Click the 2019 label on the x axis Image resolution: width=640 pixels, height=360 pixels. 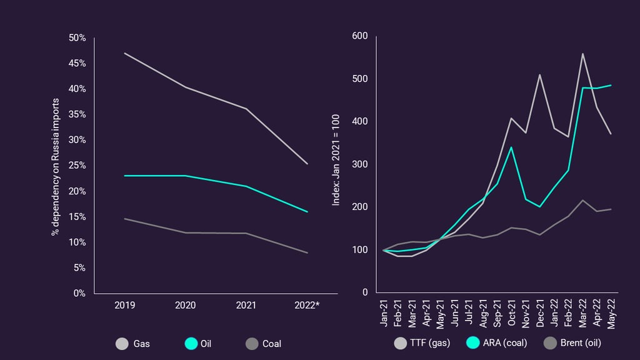[124, 305]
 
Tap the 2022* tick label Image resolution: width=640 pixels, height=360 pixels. [307, 305]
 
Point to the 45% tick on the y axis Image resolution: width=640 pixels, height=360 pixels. [77, 63]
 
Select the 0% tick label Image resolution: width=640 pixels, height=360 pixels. [79, 294]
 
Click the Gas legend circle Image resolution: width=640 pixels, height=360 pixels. [122, 344]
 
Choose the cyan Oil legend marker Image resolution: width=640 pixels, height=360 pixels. [191, 344]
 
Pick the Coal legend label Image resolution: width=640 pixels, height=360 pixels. [272, 344]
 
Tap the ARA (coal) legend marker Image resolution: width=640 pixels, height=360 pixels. [472, 343]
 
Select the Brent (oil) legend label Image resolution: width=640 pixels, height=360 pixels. [581, 343]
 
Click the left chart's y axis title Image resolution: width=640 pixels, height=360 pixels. [56, 167]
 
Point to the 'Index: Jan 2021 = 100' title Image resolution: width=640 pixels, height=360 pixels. [336, 160]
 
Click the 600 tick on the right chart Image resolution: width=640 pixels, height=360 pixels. [360, 36]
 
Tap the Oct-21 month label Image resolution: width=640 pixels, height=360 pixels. [511, 313]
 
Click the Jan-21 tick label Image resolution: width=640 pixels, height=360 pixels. [384, 313]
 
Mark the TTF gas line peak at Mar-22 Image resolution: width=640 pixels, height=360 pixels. [582, 54]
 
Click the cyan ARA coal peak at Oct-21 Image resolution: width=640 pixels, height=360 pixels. [511, 147]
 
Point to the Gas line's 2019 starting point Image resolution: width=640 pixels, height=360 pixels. [125, 53]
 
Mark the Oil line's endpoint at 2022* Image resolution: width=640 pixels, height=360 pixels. [307, 212]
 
